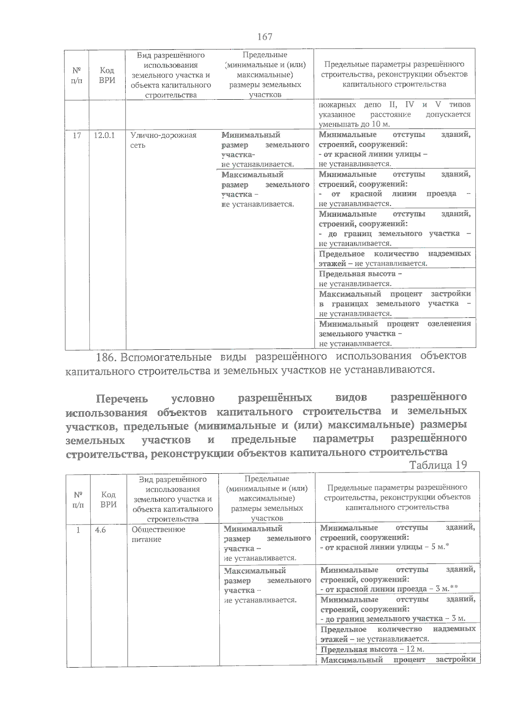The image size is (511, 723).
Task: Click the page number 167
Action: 264,37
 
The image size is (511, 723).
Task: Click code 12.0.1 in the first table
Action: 104,135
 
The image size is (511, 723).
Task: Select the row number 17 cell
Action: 77,135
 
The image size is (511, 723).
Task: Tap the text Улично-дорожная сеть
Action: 163,140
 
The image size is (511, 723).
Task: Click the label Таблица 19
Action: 438,465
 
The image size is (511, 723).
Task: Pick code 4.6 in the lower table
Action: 100,530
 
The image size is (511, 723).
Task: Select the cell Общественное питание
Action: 158,534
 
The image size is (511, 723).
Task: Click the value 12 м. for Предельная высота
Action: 415,649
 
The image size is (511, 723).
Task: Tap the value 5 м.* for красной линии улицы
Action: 440,547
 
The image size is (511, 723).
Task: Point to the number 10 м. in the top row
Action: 380,124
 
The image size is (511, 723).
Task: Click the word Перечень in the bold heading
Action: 122,399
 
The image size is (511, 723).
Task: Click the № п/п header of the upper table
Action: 77,75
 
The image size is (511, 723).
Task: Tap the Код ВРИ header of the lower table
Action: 109,499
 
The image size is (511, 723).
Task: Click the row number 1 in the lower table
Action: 78,530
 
